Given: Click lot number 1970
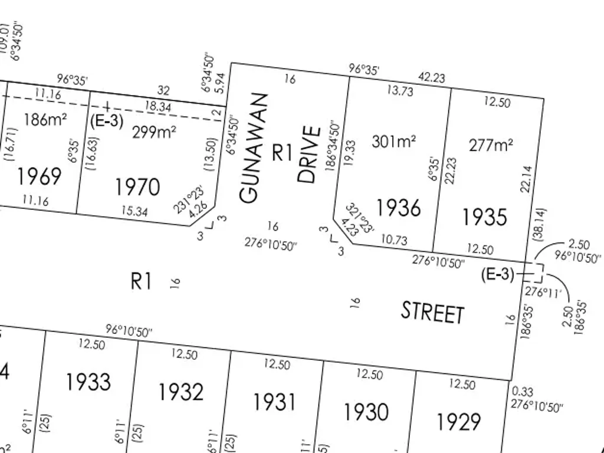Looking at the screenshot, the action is tap(137, 188).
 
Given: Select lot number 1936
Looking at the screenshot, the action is tap(399, 208).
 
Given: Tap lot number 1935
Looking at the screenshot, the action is tap(484, 217).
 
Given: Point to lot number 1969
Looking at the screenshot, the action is tap(39, 176).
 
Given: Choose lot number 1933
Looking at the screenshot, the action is tap(88, 382).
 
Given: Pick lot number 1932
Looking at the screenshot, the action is tap(181, 392).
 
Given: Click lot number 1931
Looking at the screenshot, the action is tap(274, 402).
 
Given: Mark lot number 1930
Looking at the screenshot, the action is tap(366, 412).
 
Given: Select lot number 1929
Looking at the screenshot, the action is tap(459, 422).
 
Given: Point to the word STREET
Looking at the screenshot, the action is tap(432, 312).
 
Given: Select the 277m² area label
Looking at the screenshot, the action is tap(491, 145).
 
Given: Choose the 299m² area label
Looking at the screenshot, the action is tap(153, 132).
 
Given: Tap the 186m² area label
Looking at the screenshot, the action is tap(45, 120).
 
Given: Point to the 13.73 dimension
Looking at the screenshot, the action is tap(400, 91).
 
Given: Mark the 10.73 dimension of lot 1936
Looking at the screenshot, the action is tap(394, 240).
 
